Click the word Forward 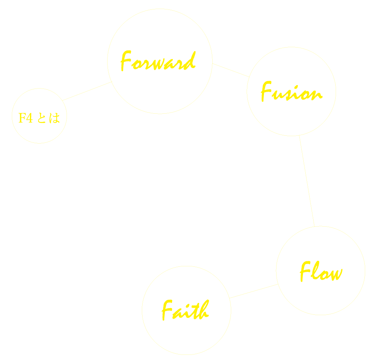158,62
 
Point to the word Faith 185,310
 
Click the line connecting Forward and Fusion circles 231,70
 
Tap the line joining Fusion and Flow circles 307,181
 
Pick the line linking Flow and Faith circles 254,291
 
